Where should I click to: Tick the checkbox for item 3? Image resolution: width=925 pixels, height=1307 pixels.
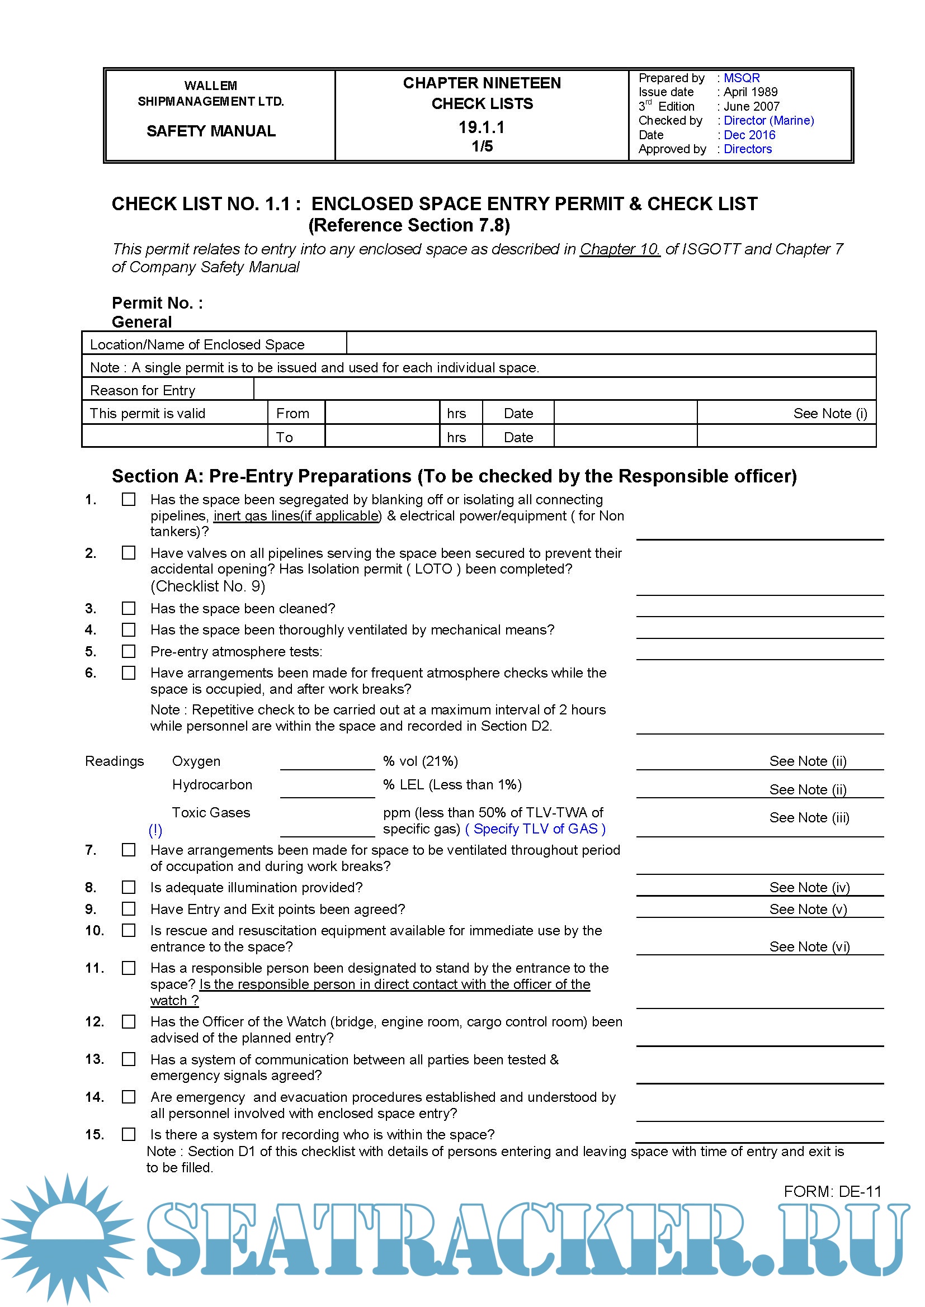129,609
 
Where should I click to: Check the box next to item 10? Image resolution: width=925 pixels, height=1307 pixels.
129,930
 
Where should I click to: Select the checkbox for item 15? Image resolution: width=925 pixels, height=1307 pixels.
129,1134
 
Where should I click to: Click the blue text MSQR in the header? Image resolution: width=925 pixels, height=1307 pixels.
742,78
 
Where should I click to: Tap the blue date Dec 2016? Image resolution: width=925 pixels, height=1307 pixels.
749,135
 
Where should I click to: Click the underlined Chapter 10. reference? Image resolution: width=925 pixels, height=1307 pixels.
620,249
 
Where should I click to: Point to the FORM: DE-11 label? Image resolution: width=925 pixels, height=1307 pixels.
832,1191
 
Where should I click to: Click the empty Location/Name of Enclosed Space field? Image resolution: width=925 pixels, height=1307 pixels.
611,343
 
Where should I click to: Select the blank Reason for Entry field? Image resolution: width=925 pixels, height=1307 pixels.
564,390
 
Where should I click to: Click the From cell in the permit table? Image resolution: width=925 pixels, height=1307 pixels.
292,413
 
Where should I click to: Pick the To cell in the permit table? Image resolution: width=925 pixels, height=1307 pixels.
285,437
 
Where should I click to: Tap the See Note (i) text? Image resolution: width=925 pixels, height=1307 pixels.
830,413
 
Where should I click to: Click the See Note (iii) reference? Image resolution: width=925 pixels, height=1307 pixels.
809,817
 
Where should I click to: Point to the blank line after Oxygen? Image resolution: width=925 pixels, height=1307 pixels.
327,761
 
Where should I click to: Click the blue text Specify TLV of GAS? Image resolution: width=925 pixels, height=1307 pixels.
535,829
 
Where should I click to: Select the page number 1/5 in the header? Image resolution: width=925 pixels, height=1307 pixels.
482,146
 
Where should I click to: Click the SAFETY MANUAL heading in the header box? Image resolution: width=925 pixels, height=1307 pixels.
211,131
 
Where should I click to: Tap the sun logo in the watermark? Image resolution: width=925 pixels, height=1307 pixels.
67,1238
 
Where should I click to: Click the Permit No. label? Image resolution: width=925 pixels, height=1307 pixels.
157,303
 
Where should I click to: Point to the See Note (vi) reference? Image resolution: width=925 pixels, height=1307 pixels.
809,946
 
